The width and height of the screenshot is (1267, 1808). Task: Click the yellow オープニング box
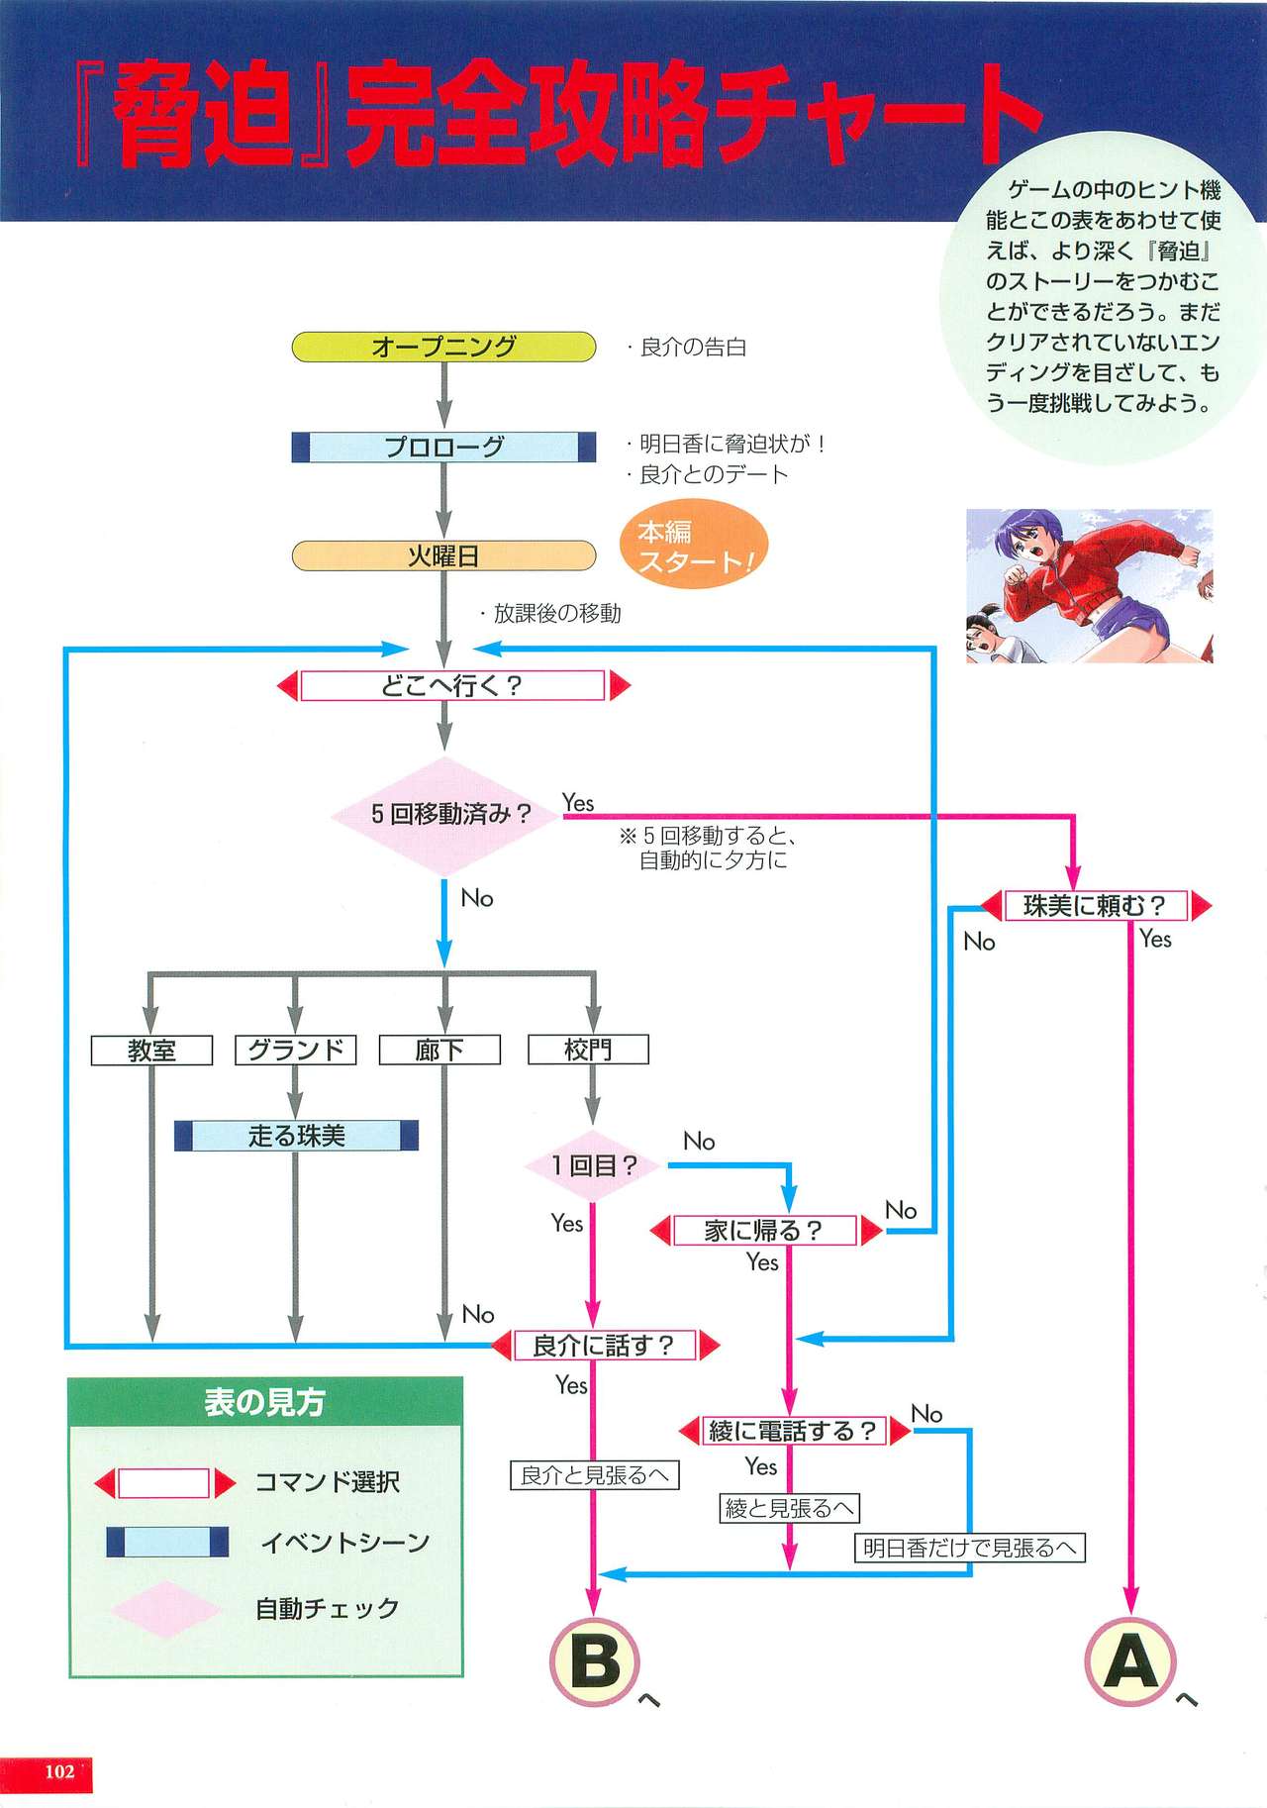(x=443, y=347)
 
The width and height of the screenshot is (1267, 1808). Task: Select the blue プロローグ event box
(x=443, y=447)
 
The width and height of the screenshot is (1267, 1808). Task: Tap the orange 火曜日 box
(x=443, y=555)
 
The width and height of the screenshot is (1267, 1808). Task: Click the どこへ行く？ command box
(x=452, y=685)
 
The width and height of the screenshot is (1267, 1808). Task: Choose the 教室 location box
(x=151, y=1050)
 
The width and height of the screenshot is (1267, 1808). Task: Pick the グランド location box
(x=295, y=1050)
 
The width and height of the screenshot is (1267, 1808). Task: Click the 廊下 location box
(x=439, y=1050)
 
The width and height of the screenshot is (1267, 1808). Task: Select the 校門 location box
(x=588, y=1050)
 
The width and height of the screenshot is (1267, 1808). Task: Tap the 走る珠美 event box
(x=296, y=1136)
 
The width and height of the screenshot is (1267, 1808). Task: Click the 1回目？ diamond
(x=593, y=1165)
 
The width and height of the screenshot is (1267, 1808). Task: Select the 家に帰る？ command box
(x=765, y=1231)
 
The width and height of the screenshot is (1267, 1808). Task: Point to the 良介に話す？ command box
(x=605, y=1346)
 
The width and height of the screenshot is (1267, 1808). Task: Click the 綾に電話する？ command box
(x=793, y=1431)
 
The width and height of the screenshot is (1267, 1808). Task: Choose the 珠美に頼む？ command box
(x=1096, y=905)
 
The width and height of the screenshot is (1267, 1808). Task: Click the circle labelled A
(x=1130, y=1661)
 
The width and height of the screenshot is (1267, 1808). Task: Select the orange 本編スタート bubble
(x=694, y=546)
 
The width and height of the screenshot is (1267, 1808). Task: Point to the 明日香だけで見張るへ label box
(x=969, y=1548)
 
